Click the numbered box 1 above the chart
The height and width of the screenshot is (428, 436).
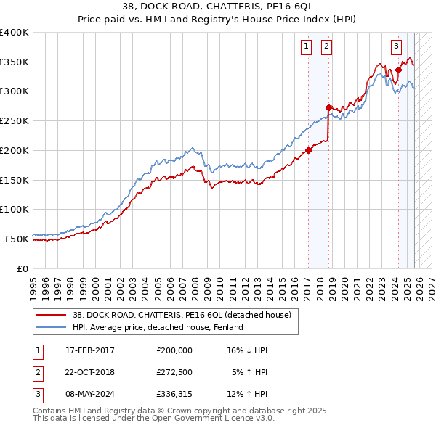click(306, 46)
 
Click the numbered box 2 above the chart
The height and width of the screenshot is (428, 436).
click(327, 46)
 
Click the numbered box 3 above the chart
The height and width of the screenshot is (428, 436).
click(397, 46)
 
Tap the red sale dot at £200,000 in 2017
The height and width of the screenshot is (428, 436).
click(308, 151)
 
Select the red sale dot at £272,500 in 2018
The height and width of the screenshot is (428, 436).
click(328, 108)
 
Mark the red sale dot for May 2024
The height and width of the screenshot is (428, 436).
click(398, 70)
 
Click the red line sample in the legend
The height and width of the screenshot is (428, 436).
click(52, 315)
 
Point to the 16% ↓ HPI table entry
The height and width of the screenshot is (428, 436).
click(247, 350)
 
